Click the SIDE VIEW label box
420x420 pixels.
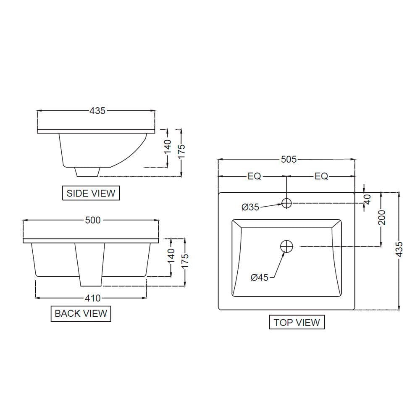[x=91, y=193]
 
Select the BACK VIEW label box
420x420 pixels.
[x=81, y=313]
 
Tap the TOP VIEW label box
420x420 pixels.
[x=297, y=322]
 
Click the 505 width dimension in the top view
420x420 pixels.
[x=289, y=159]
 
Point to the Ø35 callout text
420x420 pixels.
[x=250, y=207]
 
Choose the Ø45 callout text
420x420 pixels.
[x=259, y=278]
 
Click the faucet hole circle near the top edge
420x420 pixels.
[x=286, y=203]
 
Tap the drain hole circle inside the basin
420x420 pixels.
[x=286, y=247]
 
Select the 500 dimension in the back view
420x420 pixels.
[x=93, y=220]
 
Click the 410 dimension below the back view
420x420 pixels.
[x=93, y=298]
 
